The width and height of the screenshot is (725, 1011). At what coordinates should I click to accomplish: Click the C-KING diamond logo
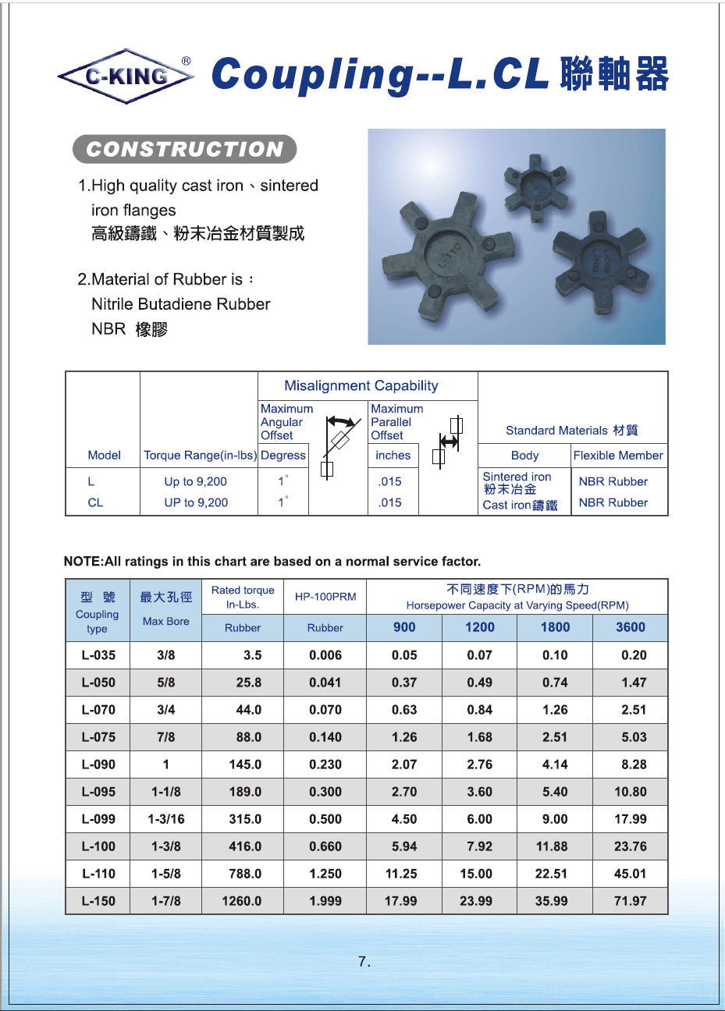(x=126, y=76)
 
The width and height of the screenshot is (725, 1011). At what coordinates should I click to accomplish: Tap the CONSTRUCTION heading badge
(x=185, y=149)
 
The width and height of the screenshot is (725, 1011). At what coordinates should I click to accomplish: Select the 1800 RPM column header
(x=555, y=627)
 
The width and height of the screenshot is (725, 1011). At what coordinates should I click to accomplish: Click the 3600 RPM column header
(x=630, y=627)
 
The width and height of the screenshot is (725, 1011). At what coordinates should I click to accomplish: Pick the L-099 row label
(x=98, y=819)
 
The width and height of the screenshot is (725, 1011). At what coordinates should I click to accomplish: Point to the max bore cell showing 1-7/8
(x=165, y=901)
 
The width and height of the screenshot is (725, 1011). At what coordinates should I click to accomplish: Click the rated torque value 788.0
(x=245, y=874)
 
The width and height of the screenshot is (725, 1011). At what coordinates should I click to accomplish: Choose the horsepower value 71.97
(x=630, y=901)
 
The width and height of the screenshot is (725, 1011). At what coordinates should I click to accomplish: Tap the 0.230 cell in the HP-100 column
(x=325, y=764)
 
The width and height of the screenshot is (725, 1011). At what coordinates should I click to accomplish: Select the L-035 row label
(x=98, y=655)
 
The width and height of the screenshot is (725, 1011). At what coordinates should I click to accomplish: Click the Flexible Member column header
(x=617, y=456)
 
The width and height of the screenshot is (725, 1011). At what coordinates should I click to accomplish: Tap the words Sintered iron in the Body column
(x=517, y=477)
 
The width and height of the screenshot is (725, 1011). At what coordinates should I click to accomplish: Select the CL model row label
(x=95, y=503)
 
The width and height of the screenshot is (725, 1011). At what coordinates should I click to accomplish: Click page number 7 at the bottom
(x=364, y=962)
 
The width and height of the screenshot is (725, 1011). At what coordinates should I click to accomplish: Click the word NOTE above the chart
(x=83, y=562)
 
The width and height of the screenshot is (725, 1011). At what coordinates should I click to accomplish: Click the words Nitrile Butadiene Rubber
(x=180, y=304)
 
